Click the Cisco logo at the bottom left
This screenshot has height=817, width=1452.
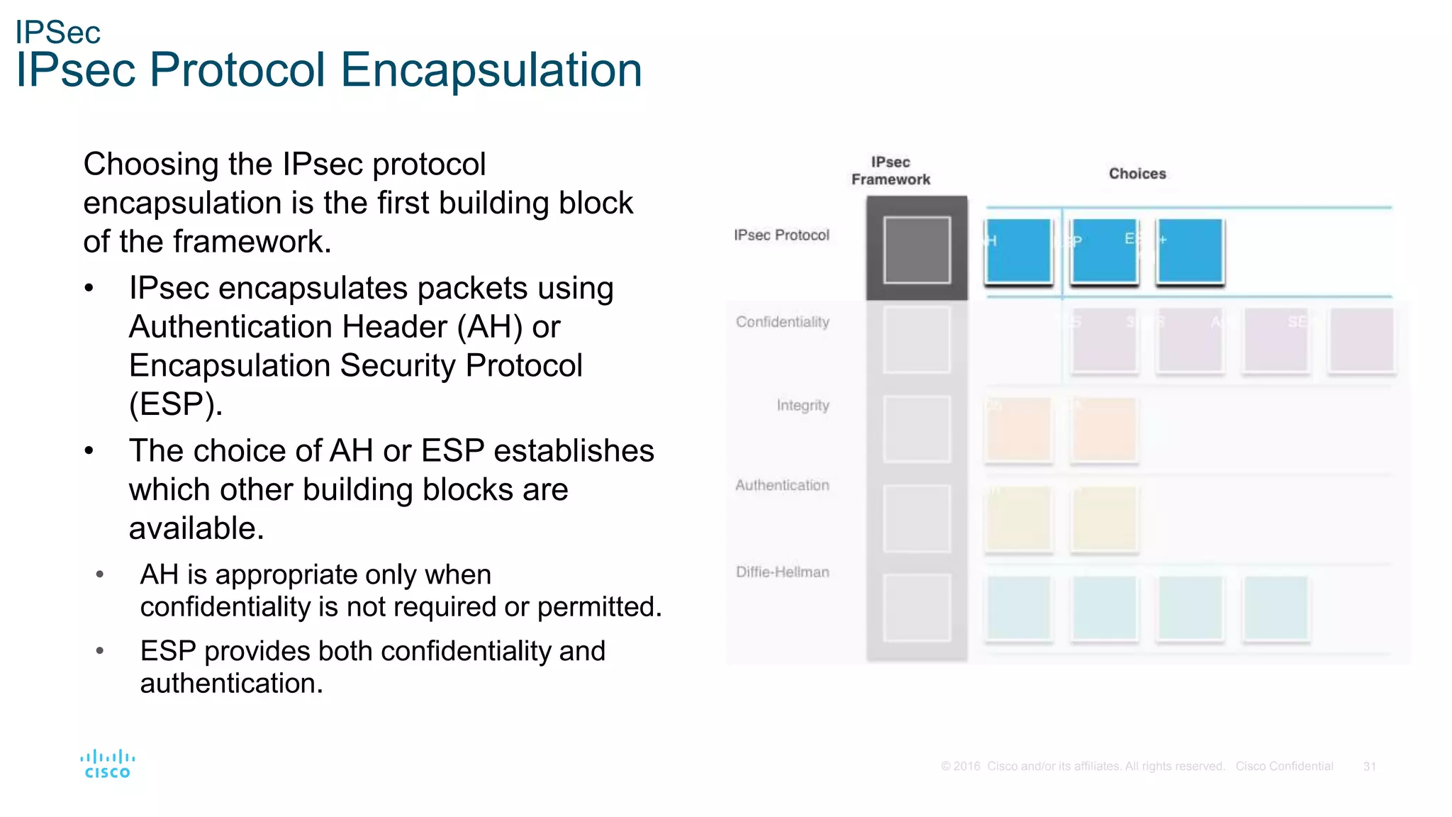pyautogui.click(x=107, y=765)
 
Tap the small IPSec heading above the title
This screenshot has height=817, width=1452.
pyautogui.click(x=57, y=33)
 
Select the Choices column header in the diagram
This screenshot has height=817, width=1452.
pyautogui.click(x=1137, y=174)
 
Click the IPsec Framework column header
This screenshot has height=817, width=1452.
pyautogui.click(x=890, y=171)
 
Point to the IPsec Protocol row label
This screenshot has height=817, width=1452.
pyautogui.click(x=781, y=235)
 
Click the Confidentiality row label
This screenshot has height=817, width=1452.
pyautogui.click(x=782, y=322)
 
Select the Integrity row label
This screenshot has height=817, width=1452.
pyautogui.click(x=803, y=406)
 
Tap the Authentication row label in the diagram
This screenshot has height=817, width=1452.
pyautogui.click(x=782, y=486)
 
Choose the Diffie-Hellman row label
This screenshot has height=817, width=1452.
pyautogui.click(x=782, y=572)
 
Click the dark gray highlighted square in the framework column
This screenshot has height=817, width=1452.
pyautogui.click(x=917, y=250)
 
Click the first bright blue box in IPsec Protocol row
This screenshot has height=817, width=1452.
pyautogui.click(x=1018, y=251)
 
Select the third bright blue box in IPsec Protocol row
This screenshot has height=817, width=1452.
pyautogui.click(x=1190, y=251)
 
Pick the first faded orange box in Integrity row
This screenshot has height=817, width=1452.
pyautogui.click(x=1018, y=430)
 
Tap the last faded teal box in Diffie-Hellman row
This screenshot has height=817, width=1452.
pyautogui.click(x=1275, y=608)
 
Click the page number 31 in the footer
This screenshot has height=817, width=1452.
pyautogui.click(x=1369, y=767)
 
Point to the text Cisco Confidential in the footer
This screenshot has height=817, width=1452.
pyautogui.click(x=1284, y=767)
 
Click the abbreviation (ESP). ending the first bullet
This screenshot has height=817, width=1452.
pyautogui.click(x=176, y=404)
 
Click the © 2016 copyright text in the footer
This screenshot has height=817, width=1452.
pyautogui.click(x=960, y=767)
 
